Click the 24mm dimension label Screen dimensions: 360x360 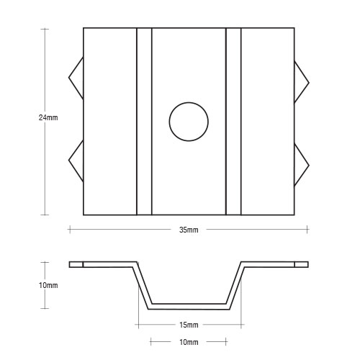[48, 117]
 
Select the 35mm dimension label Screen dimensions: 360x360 [189, 230]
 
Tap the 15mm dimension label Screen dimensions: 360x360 [189, 325]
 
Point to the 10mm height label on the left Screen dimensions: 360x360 [48, 285]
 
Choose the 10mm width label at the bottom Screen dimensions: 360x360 [189, 342]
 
